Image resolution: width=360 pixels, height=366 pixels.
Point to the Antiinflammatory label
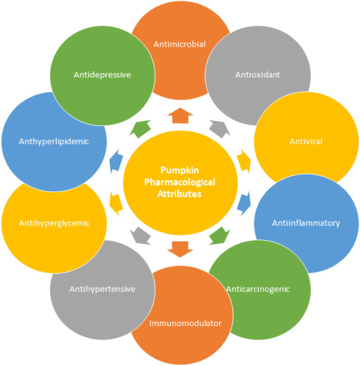tap(306, 224)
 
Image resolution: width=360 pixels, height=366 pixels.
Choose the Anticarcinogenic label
tap(258, 289)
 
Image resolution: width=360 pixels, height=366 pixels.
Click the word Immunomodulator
tap(185, 323)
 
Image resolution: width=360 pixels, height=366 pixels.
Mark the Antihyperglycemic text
tap(54, 224)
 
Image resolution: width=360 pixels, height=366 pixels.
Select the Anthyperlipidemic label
tap(54, 142)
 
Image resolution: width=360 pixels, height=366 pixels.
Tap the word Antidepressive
tap(102, 74)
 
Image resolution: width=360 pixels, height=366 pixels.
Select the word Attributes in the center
tap(181, 194)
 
